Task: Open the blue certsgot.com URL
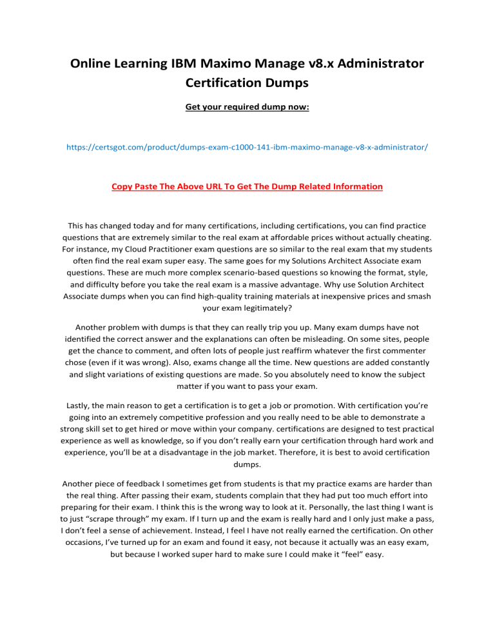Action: [247, 148]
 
